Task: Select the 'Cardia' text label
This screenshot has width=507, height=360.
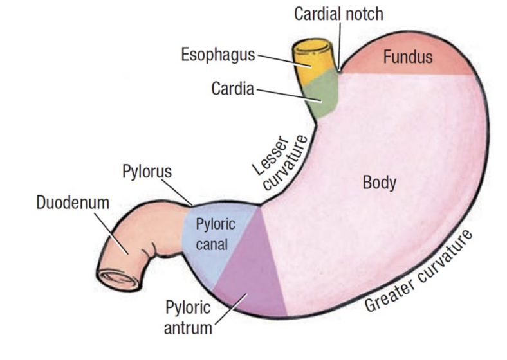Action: [233, 88]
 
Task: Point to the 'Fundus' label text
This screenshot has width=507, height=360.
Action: [408, 57]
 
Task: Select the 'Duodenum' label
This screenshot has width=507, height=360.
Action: [73, 203]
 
